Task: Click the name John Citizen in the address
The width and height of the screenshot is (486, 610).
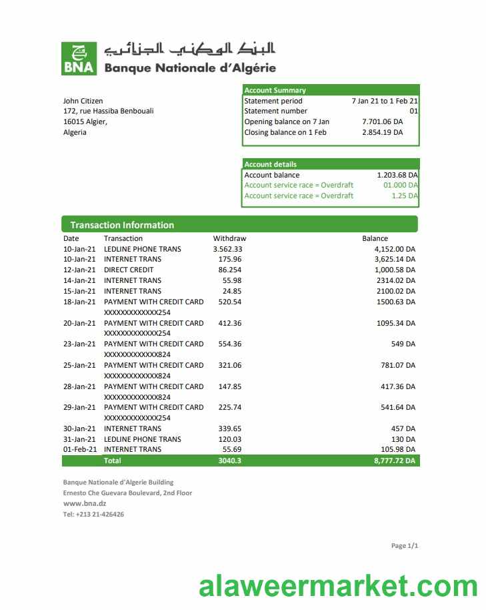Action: pos(83,101)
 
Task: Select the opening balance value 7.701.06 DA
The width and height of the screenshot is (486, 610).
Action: pos(382,121)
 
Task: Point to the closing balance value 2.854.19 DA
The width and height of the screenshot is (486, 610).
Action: pos(382,132)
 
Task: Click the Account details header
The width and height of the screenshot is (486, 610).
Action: pos(270,164)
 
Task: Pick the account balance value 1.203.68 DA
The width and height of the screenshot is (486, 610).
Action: pos(397,175)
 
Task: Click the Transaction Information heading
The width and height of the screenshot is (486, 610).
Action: pos(122,225)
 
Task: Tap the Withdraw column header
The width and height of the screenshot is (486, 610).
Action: pos(229,238)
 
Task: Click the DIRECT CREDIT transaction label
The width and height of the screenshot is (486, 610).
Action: pos(129,270)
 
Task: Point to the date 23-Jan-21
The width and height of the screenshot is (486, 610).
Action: pos(79,344)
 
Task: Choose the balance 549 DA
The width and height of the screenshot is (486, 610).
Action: pos(403,344)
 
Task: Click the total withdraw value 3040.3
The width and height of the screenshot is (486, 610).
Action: pos(229,461)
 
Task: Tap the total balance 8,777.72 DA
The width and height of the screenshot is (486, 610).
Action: pos(395,461)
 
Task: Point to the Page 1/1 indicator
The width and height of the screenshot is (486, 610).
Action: pos(404,546)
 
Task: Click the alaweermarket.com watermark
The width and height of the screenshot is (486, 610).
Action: pos(338,587)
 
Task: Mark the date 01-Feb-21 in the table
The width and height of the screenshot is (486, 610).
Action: pos(79,449)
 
